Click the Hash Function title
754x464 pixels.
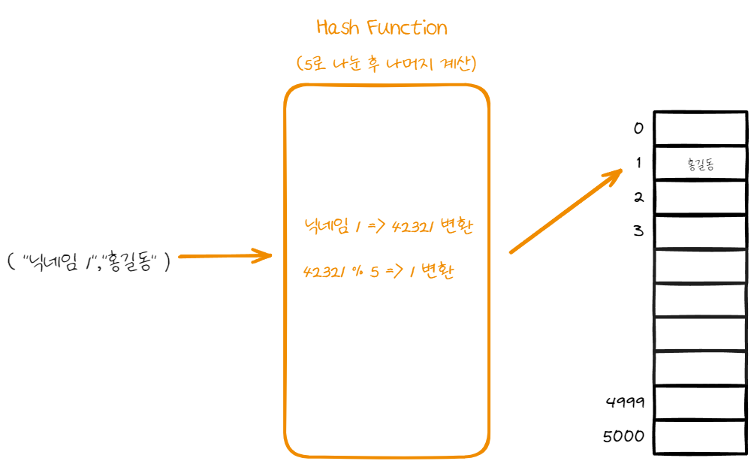382,29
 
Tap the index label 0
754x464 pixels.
638,128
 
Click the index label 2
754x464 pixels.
639,198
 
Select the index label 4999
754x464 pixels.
625,402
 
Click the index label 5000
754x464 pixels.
624,436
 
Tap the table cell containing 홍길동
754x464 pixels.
701,163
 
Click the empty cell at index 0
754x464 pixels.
701,128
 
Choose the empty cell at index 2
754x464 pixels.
701,197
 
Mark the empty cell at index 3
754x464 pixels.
701,231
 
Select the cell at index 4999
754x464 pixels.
701,402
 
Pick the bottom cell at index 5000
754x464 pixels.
701,437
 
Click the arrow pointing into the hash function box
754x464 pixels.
225,256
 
